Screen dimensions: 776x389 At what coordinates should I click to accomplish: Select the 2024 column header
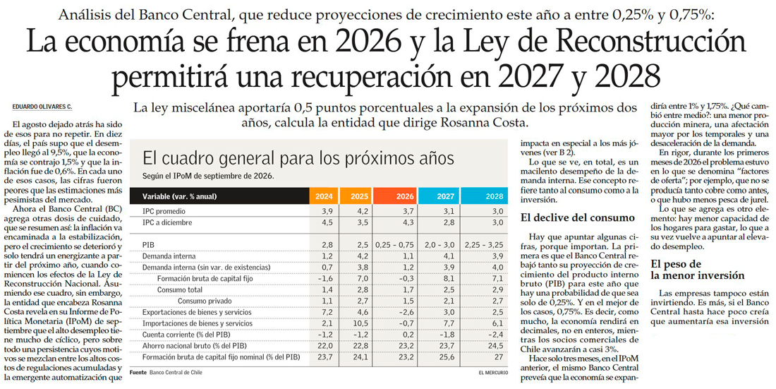tap(324, 196)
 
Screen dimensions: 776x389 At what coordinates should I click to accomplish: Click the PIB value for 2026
tap(395, 245)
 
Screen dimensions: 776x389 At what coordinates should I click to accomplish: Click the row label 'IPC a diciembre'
tap(167, 222)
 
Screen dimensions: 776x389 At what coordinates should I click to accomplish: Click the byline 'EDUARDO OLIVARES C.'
tap(42, 107)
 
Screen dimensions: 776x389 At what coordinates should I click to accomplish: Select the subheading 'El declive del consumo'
tap(578, 217)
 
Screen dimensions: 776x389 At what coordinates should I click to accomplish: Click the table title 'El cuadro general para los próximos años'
tap(298, 159)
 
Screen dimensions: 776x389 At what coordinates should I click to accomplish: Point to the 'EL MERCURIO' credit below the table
tap(493, 372)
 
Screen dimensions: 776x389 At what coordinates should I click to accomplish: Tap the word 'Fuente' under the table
tap(138, 372)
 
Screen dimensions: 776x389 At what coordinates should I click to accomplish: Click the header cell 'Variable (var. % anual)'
tap(180, 196)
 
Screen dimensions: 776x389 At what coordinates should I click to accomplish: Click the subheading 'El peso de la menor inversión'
tap(697, 270)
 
